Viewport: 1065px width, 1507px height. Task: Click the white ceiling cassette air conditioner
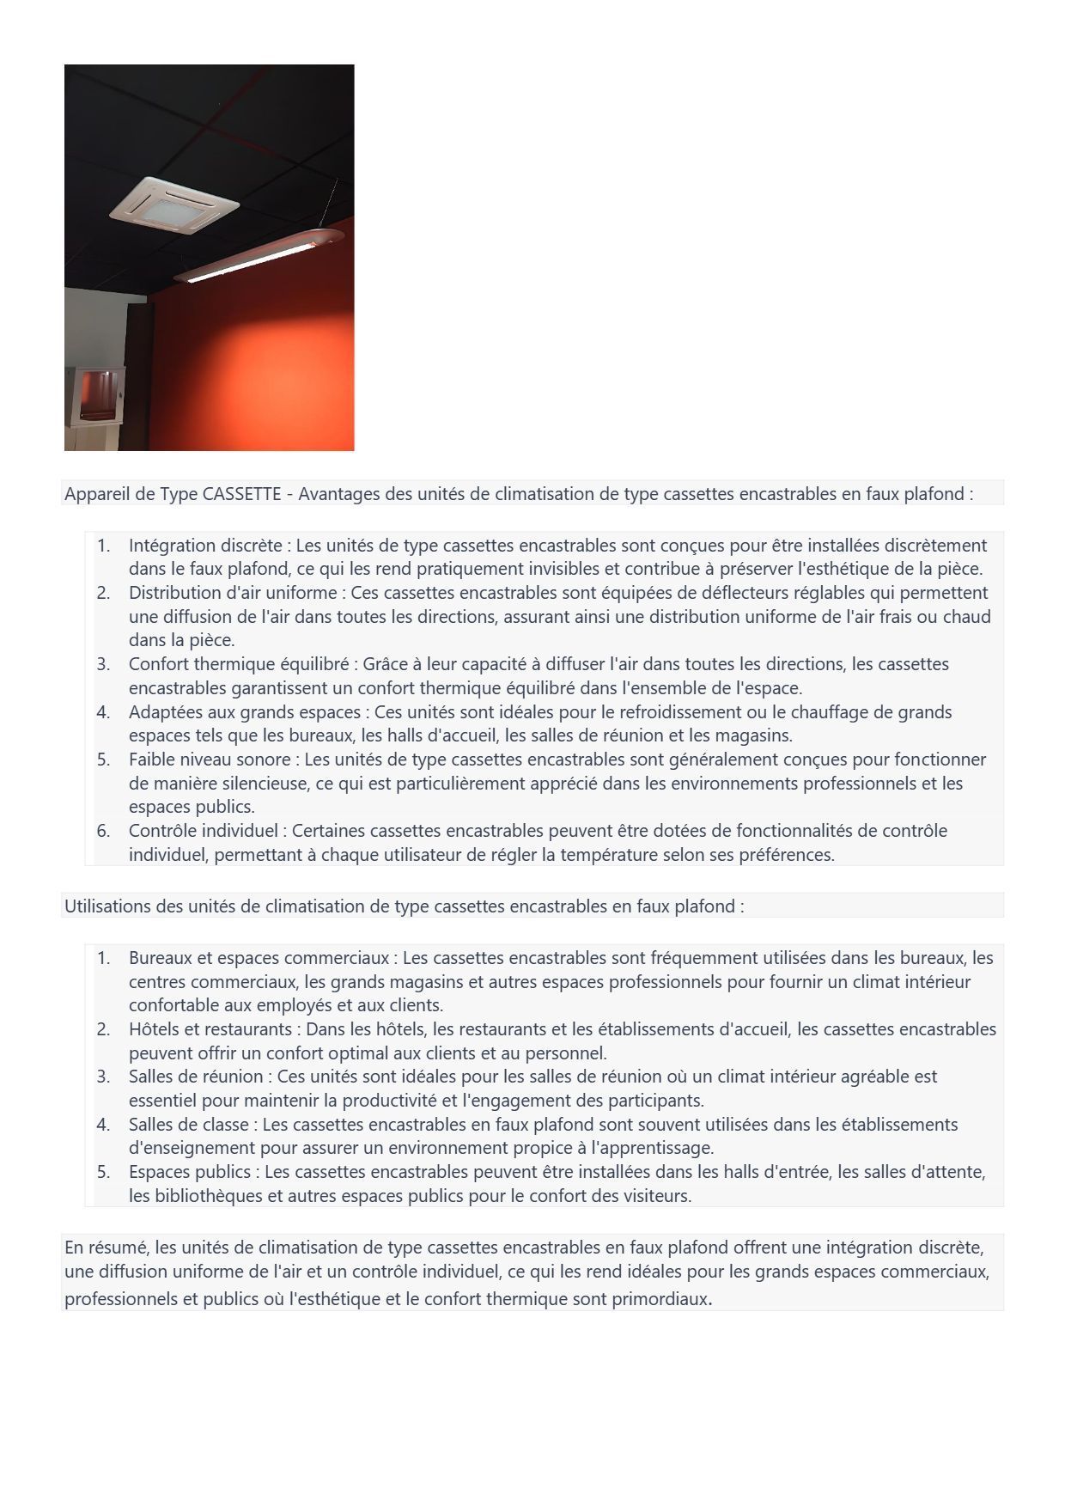[174, 205]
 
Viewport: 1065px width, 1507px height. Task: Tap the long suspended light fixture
[258, 257]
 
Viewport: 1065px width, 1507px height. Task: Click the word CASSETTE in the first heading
[242, 494]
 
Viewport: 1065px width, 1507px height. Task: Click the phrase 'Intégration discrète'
[205, 546]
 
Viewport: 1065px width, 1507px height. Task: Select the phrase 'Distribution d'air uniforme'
[233, 593]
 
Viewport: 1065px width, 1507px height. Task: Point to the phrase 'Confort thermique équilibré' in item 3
[239, 664]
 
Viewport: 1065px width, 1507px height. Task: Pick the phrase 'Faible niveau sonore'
[210, 760]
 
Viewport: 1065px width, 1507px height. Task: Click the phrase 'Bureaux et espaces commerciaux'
[259, 958]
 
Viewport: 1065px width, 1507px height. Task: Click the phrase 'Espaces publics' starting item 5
[189, 1172]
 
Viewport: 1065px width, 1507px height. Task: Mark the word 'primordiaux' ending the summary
[660, 1299]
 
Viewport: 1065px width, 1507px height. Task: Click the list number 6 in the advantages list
[103, 831]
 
